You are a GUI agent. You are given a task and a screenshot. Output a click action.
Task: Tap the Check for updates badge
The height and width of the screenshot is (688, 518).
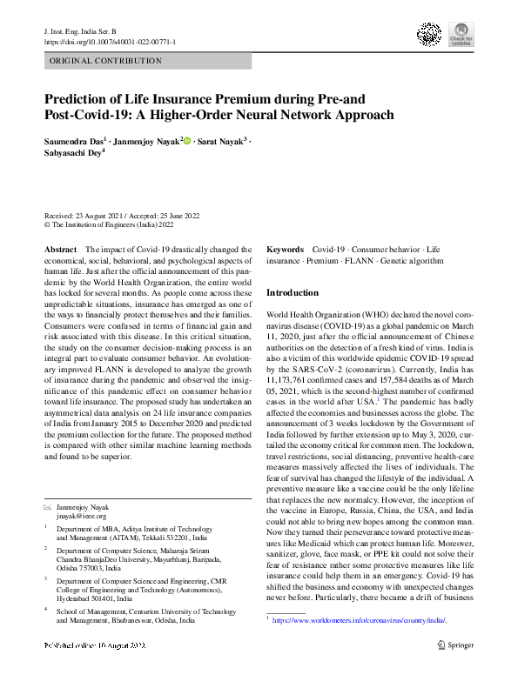[460, 36]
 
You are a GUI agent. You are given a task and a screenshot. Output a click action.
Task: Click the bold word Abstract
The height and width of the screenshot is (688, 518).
[60, 249]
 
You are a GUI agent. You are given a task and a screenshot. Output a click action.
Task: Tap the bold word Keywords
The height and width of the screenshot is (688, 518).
[285, 249]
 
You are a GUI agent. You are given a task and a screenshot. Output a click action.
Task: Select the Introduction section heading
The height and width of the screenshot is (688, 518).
[293, 293]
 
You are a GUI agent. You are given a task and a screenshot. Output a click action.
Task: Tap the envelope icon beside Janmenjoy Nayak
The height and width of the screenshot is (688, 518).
[47, 505]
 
